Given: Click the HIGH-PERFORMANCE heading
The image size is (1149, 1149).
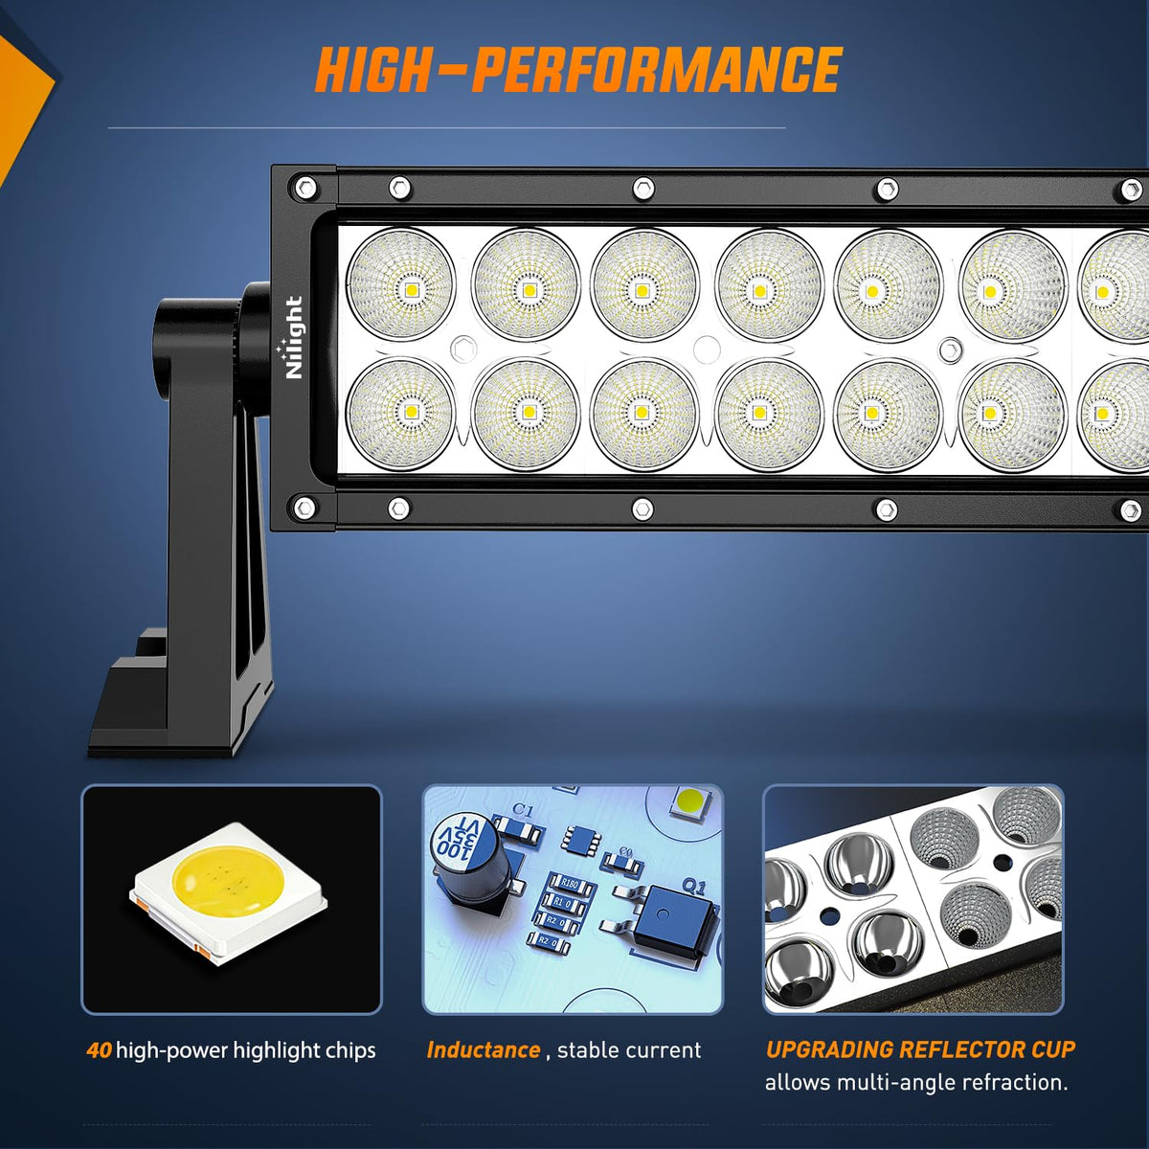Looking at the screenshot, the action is pyautogui.click(x=578, y=70).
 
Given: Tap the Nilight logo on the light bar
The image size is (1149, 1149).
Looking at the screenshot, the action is pyautogui.click(x=293, y=337).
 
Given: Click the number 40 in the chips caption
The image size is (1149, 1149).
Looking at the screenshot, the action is pyautogui.click(x=99, y=1050).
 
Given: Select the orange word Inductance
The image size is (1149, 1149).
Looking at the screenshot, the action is pyautogui.click(x=484, y=1050).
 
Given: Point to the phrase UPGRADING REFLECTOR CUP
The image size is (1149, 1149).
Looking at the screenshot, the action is pyautogui.click(x=920, y=1049).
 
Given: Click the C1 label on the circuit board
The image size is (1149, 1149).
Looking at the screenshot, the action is pyautogui.click(x=523, y=810).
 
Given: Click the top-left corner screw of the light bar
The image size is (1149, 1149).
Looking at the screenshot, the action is pyautogui.click(x=304, y=188).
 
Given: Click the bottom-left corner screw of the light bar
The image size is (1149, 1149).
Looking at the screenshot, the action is pyautogui.click(x=304, y=507).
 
